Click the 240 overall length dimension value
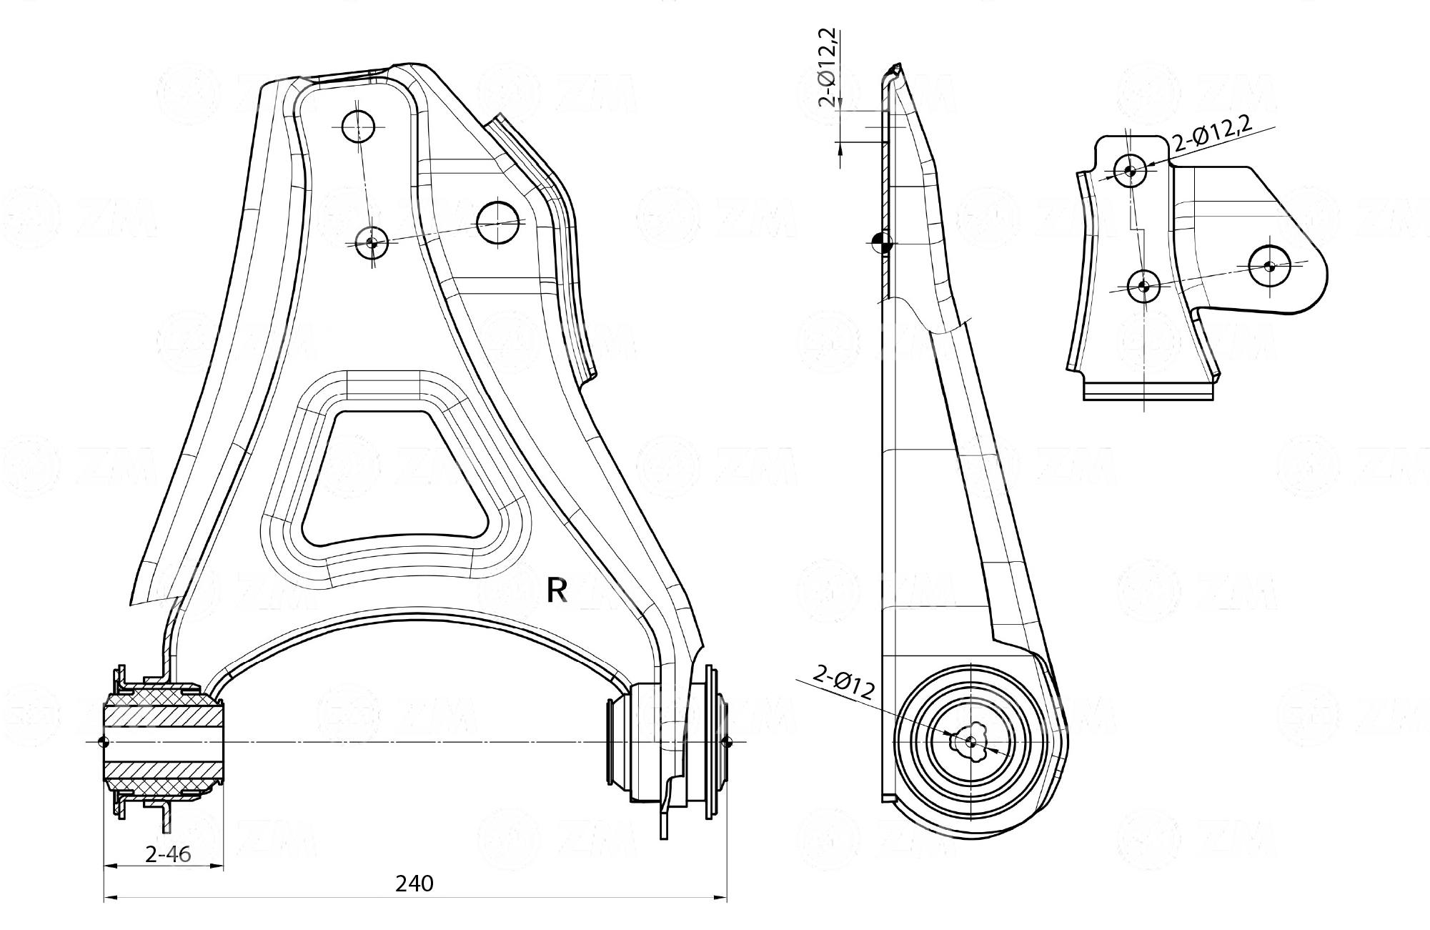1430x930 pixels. pos(414,884)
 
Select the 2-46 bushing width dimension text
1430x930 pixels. pos(168,854)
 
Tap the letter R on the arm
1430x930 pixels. pos(557,590)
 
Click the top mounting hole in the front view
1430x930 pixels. pos(358,127)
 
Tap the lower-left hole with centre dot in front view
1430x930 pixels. pos(371,243)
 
